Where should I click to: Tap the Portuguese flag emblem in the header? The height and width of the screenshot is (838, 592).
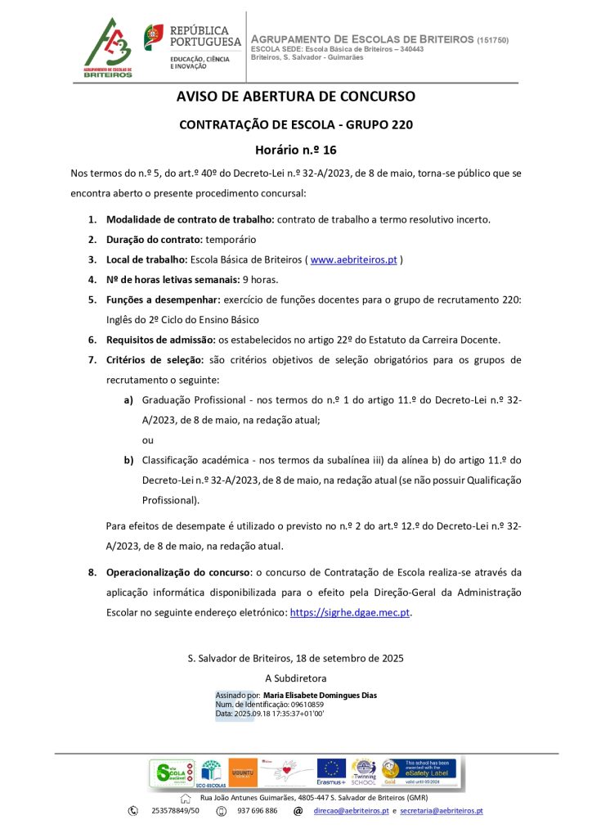tap(153, 36)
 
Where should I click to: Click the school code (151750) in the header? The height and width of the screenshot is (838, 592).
tap(493, 40)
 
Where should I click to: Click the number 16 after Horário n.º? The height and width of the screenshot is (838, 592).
tap(330, 150)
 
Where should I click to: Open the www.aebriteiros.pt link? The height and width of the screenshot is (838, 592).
tap(353, 259)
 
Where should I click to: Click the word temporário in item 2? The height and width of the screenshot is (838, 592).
tap(231, 240)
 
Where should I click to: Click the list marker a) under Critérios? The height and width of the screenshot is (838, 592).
tap(128, 400)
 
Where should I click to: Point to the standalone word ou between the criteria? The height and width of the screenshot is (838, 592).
tap(147, 439)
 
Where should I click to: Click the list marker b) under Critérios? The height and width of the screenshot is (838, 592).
tap(128, 460)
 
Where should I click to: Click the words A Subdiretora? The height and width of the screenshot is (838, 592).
tap(296, 678)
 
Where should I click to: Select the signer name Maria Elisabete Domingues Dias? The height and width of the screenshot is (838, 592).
tap(320, 696)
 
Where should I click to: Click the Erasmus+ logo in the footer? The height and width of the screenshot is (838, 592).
tap(331, 772)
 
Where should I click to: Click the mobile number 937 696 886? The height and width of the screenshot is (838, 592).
tap(257, 811)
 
